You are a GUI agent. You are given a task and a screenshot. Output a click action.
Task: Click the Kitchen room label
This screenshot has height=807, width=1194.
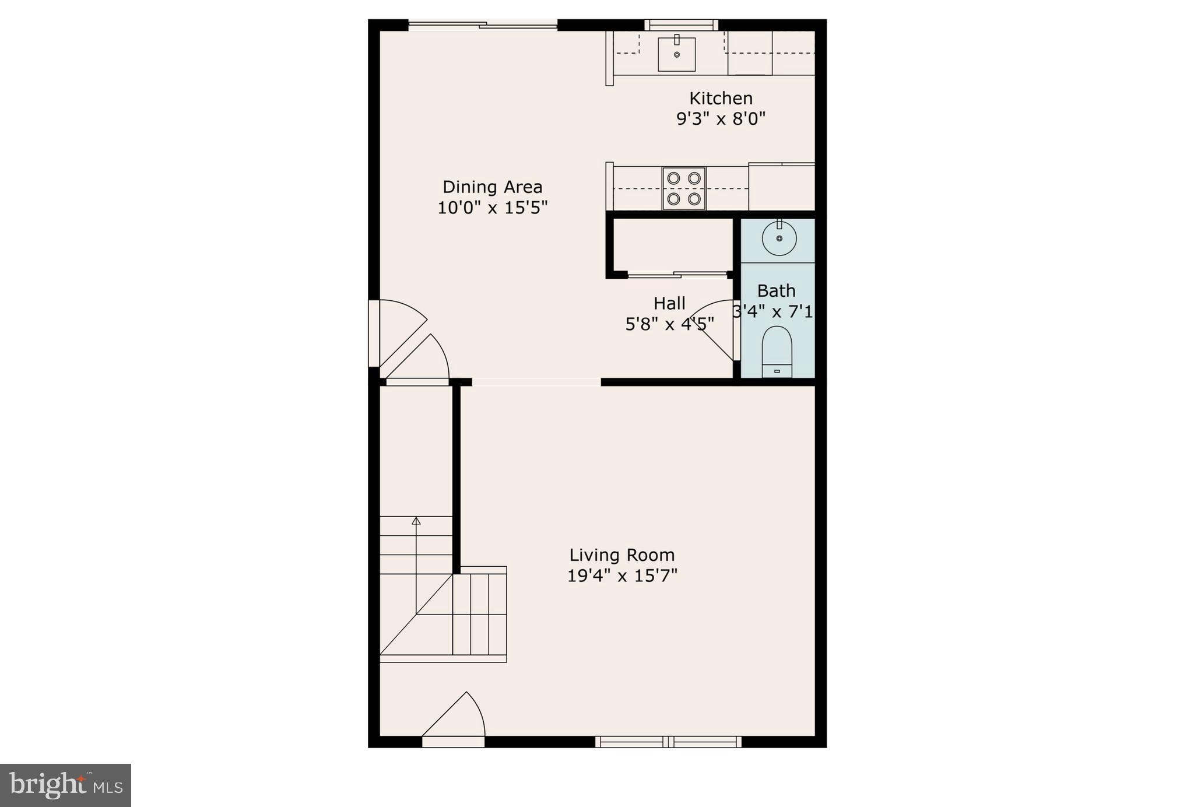point(721,98)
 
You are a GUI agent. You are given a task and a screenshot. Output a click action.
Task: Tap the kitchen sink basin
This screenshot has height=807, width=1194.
point(676,54)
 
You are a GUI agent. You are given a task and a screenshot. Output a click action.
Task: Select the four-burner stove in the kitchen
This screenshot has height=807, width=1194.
point(683,188)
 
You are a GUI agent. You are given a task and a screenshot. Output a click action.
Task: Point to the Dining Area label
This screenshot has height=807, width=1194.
point(493,187)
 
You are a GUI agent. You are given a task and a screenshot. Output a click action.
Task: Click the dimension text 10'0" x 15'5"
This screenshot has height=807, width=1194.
point(493,208)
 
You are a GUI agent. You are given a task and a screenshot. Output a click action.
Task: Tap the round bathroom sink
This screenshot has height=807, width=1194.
point(779,238)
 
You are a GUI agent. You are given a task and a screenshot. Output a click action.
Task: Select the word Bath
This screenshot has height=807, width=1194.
point(776,290)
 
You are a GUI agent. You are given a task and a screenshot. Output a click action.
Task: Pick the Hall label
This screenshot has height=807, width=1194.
point(669,303)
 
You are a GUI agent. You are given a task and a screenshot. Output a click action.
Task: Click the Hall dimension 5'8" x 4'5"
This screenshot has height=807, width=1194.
point(669,324)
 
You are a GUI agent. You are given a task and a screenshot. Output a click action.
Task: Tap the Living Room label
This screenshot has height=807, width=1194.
point(622,555)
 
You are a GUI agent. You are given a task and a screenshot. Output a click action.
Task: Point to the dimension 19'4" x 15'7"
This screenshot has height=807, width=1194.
point(622,576)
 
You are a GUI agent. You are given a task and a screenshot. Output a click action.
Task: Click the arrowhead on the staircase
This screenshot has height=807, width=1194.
point(416,520)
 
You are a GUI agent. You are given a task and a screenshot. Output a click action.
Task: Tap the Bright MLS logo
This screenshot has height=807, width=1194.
point(65,785)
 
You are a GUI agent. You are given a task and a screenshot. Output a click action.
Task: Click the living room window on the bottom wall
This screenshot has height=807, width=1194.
point(668,742)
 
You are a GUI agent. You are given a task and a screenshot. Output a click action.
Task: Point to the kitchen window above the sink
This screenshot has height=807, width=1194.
point(681,24)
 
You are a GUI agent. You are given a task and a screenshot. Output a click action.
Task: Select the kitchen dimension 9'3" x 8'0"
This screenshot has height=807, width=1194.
point(721,119)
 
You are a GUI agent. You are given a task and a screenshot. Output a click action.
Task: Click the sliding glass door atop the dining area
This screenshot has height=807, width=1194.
point(483,24)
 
